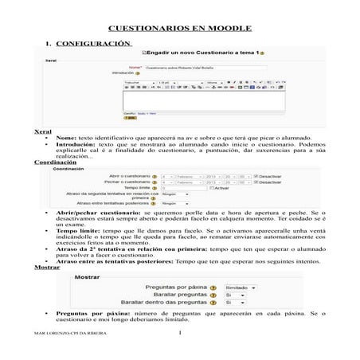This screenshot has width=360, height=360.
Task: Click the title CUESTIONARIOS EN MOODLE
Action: [179, 27]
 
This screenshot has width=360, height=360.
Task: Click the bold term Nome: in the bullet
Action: [66, 137]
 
